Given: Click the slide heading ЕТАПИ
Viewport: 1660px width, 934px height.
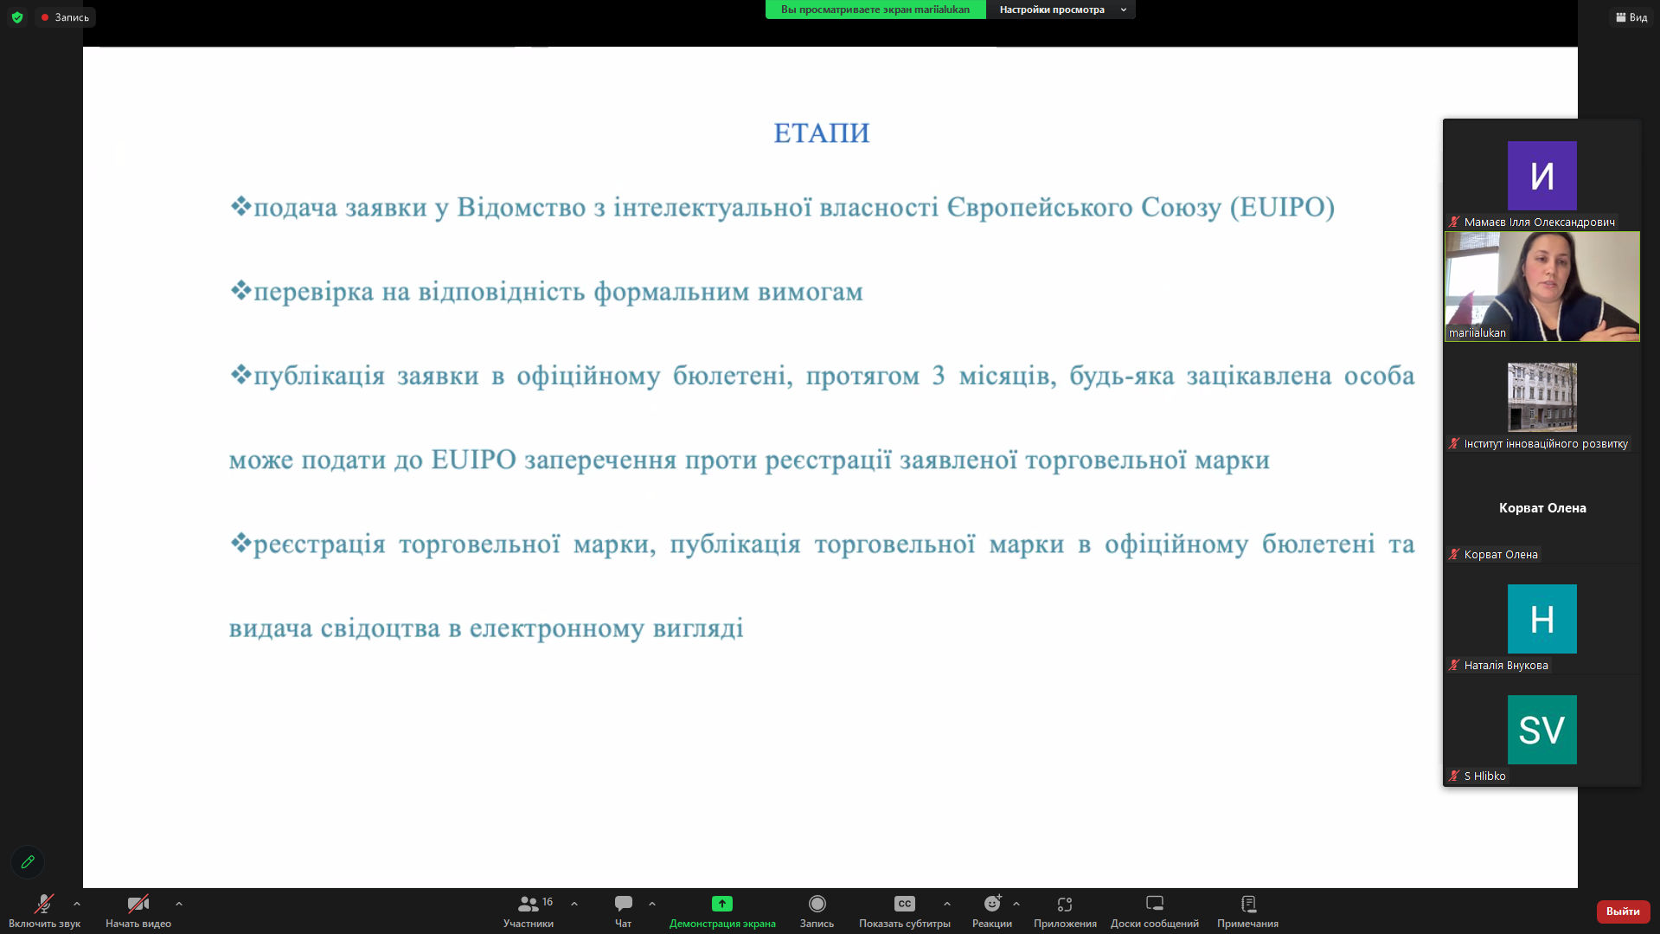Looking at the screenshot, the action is pos(821,132).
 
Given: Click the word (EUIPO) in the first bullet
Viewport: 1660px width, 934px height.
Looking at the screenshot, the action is pos(1283,207).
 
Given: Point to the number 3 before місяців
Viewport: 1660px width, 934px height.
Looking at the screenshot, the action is pos(939,375).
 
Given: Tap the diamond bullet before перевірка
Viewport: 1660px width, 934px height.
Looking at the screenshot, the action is pos(240,290).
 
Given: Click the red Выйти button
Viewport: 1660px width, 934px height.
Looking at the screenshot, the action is pos(1623,911).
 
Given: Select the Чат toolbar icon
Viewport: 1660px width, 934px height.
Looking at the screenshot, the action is pos(623,904).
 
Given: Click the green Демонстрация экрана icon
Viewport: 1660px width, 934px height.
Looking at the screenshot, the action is pos(721,904).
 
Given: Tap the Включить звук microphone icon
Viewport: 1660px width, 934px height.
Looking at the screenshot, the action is pos(43,904).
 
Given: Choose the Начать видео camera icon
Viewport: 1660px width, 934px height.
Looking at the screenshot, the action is pos(138,904).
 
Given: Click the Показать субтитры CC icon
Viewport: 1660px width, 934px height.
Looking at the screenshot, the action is pos(904,904).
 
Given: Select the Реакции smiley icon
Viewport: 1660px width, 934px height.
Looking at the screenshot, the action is pos(992,904).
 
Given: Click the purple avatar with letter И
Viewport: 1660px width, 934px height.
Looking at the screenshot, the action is pos(1541,176).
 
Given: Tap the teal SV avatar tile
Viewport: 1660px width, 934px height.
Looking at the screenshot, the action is pos(1541,730).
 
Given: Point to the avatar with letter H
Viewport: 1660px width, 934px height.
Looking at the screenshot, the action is pos(1541,619).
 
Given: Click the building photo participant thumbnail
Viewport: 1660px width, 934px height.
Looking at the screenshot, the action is pos(1541,397).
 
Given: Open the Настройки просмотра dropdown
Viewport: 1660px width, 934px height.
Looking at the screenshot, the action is pos(1061,10).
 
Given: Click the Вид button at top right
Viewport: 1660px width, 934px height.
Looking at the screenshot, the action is pos(1631,17).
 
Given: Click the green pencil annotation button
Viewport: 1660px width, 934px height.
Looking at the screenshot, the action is pos(28,862).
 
